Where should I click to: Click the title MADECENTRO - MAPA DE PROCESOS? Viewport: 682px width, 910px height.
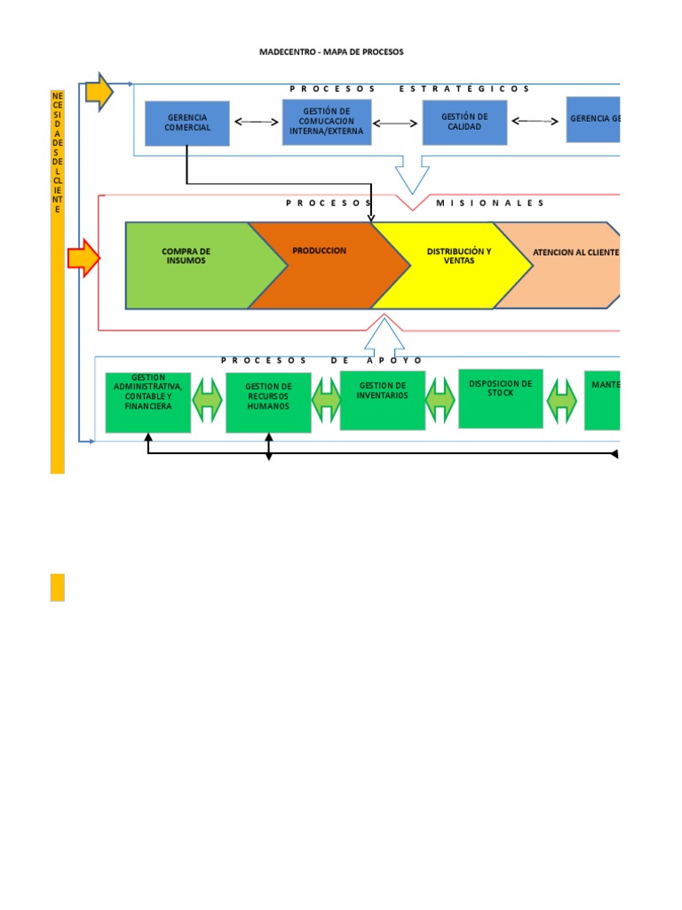330,52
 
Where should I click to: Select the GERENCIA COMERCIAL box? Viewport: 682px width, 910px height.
187,123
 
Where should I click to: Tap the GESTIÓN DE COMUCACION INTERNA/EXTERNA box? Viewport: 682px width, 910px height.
326,122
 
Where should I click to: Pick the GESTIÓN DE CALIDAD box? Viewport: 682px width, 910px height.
464,122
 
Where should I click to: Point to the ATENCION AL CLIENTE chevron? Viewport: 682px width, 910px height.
568,265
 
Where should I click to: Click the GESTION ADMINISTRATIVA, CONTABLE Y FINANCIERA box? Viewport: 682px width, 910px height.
148,403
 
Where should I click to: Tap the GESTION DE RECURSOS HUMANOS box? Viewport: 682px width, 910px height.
268,403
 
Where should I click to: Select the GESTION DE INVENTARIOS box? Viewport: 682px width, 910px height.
383,400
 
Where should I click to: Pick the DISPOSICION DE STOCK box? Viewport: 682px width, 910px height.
501,398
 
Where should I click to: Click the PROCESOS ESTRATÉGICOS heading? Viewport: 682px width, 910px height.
409,89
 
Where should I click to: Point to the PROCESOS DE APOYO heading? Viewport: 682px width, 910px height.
322,360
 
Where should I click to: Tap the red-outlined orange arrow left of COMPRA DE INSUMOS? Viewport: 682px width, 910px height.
83,258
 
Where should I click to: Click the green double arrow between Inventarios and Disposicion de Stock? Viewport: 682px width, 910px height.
440,401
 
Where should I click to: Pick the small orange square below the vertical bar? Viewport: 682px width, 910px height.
58,587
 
